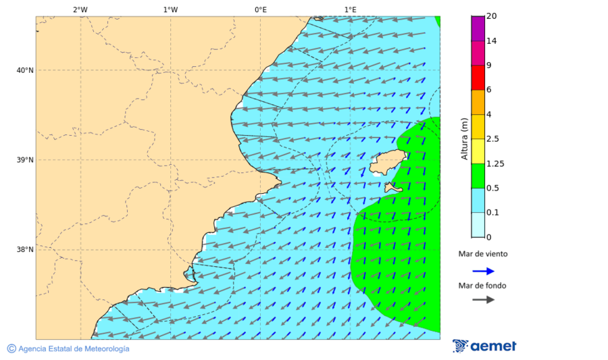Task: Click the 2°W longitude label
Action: tap(80, 9)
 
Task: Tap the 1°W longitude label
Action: tap(170, 9)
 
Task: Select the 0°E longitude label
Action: tap(260, 9)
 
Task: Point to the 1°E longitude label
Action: tap(350, 9)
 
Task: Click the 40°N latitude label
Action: tap(25, 70)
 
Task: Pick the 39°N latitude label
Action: tap(25, 160)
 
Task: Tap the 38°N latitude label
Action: tap(25, 249)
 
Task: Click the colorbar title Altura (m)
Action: tap(464, 138)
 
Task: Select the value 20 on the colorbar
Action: tap(492, 16)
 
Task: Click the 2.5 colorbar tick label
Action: tap(493, 139)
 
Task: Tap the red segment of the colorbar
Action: tap(478, 78)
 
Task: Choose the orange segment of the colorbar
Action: tap(478, 102)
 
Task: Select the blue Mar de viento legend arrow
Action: tap(483, 271)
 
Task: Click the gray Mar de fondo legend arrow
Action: tap(483, 299)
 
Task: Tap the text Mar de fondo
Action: tap(482, 285)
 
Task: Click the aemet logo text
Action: tap(492, 346)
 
